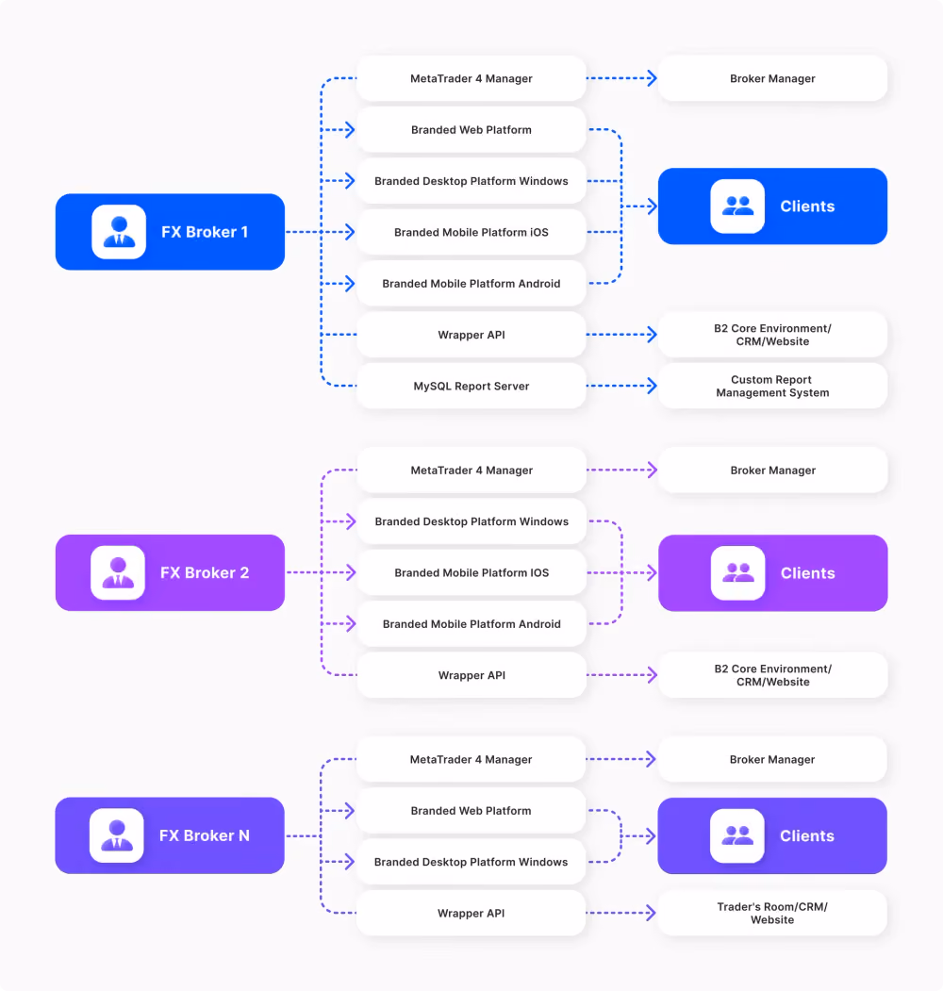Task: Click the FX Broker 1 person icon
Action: (119, 232)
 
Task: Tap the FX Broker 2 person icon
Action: (118, 572)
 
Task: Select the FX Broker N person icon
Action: (116, 835)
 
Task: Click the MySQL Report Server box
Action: (471, 386)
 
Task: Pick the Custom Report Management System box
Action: (772, 386)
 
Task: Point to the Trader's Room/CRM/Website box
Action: (772, 913)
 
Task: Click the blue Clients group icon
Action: (737, 206)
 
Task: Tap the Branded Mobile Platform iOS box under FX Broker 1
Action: (471, 232)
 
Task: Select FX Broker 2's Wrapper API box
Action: (471, 675)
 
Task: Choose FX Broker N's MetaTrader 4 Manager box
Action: (471, 759)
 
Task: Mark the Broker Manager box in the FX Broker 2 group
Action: (773, 470)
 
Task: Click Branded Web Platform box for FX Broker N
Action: (471, 810)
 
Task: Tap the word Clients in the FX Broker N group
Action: (807, 835)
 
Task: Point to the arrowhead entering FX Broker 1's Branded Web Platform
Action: (350, 129)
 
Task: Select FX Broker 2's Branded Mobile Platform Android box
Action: (471, 624)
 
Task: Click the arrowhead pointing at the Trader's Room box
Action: (652, 913)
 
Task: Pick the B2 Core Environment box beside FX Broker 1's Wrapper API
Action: (772, 335)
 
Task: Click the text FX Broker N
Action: (204, 835)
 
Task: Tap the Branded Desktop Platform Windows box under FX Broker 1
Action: (471, 181)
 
